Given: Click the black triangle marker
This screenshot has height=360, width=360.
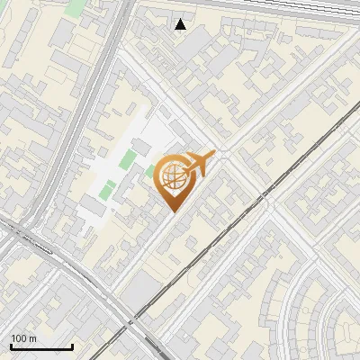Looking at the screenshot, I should pyautogui.click(x=181, y=24).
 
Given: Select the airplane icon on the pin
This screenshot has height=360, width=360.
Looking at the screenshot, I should pyautogui.click(x=198, y=164).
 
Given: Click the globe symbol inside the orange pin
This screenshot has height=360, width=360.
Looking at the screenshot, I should pyautogui.click(x=171, y=177).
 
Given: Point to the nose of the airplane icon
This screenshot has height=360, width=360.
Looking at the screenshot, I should pyautogui.click(x=213, y=154).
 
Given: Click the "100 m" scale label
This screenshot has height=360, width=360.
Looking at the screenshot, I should pyautogui.click(x=23, y=338).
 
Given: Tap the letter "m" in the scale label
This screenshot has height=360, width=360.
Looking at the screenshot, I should pyautogui.click(x=32, y=338).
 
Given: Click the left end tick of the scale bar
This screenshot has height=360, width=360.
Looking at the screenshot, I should pyautogui.click(x=11, y=346).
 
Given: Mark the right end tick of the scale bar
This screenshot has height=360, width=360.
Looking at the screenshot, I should pyautogui.click(x=72, y=346).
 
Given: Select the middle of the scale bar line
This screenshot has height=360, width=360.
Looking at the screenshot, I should pyautogui.click(x=41, y=347).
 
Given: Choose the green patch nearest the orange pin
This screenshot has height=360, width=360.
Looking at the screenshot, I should pyautogui.click(x=149, y=170).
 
